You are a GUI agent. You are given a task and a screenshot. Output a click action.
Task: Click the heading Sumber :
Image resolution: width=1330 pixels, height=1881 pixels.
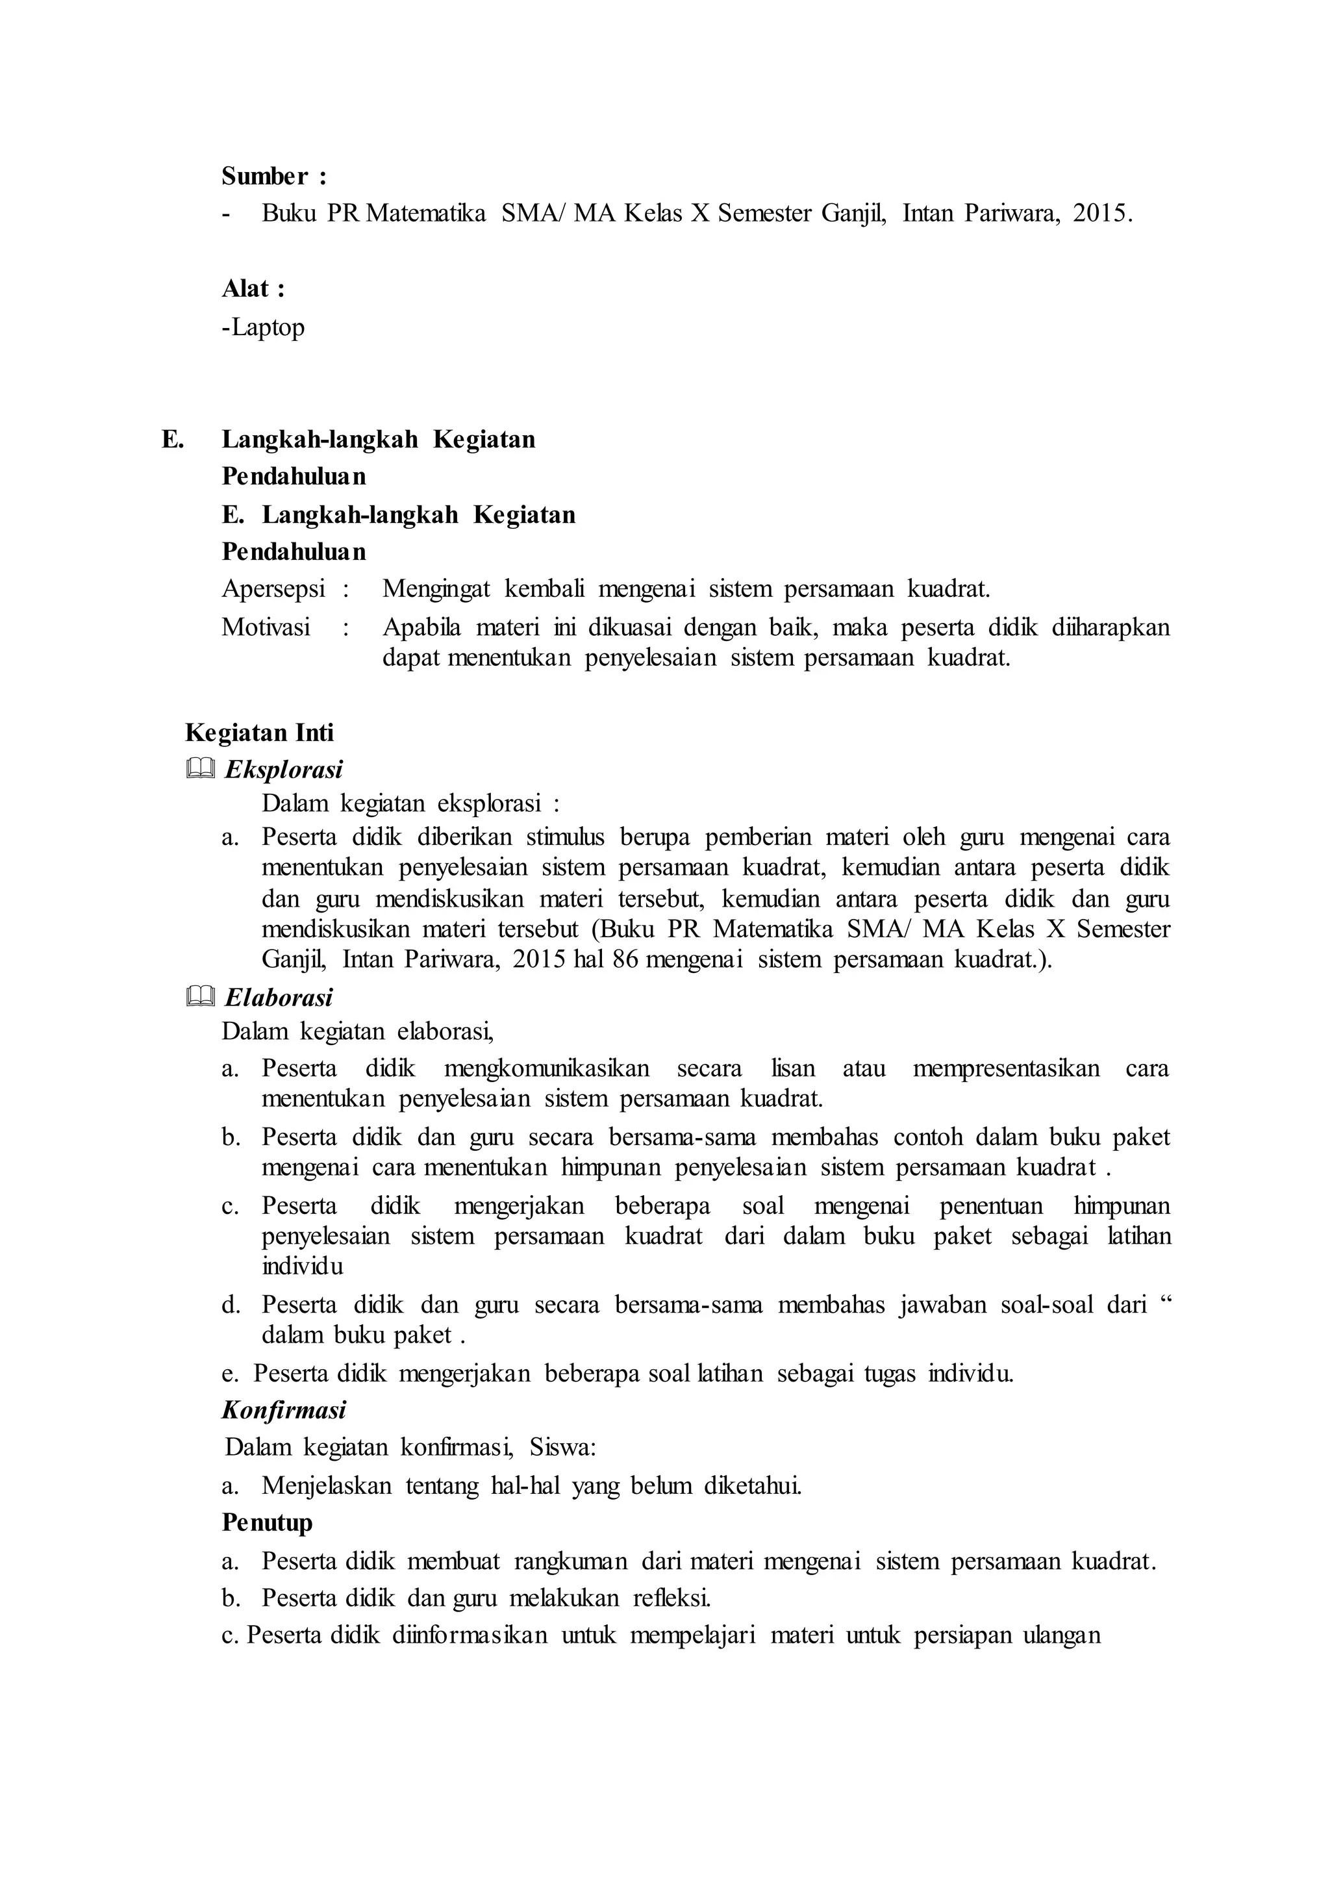(273, 176)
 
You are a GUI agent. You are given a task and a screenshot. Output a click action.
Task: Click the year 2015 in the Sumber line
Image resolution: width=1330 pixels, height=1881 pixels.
(1102, 213)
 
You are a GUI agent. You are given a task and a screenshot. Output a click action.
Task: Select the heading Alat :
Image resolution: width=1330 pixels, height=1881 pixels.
(253, 288)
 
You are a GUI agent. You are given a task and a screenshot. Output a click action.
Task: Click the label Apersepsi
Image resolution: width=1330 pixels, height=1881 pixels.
(273, 588)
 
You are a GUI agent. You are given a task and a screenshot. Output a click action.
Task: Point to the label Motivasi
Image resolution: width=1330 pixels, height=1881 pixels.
(266, 627)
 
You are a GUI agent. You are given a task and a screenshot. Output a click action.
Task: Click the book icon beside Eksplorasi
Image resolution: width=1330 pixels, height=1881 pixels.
(200, 768)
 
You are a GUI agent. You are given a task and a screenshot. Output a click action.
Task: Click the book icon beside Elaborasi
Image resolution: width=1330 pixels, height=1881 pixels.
(200, 996)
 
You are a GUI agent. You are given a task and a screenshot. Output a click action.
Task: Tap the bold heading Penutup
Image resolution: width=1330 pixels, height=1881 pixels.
(267, 1522)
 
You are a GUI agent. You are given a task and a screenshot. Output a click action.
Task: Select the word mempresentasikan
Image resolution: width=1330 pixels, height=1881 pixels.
(1006, 1068)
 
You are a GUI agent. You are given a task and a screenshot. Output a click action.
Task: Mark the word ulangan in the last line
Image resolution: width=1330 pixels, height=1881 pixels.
(1062, 1635)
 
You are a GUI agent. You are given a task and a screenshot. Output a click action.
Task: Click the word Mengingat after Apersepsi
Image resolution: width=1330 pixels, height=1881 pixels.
(436, 588)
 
